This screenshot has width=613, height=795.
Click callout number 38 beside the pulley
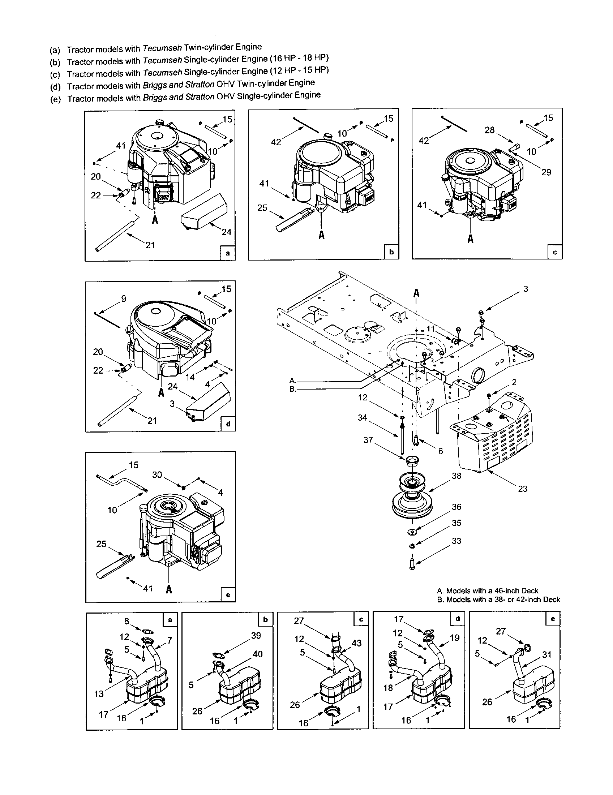(x=456, y=476)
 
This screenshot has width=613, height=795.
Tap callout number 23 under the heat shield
(x=522, y=489)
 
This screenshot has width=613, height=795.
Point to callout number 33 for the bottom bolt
(x=456, y=541)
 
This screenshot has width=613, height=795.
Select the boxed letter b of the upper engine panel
(x=391, y=252)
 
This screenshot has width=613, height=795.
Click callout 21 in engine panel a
(x=150, y=245)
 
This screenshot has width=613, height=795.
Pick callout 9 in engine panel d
(x=124, y=298)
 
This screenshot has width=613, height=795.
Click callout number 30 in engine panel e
(x=157, y=475)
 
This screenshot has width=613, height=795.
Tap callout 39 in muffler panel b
(x=256, y=636)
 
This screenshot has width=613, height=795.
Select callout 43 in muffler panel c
(x=356, y=643)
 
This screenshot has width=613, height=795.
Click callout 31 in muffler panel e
(x=547, y=654)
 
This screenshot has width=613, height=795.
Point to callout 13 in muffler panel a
(x=99, y=694)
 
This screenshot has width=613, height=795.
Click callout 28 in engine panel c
(x=490, y=130)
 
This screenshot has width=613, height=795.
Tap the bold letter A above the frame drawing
(x=416, y=293)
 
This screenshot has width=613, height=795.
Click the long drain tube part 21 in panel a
(x=116, y=233)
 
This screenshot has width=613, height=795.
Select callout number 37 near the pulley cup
(x=368, y=440)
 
